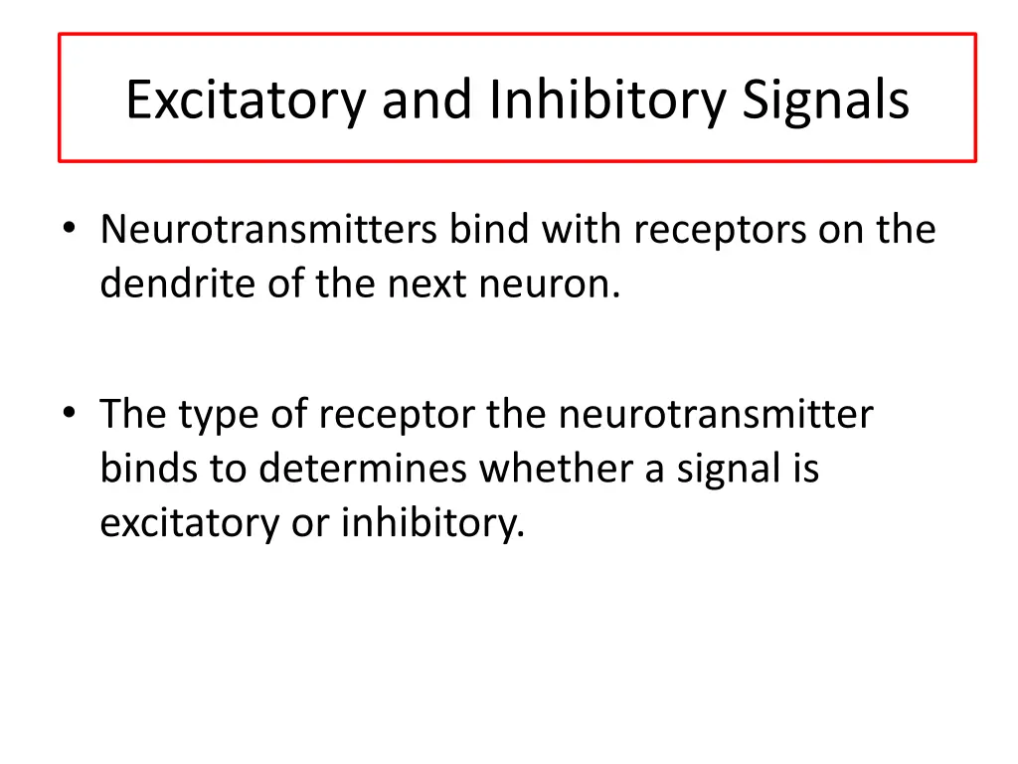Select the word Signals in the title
click(825, 100)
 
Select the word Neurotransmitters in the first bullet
click(268, 230)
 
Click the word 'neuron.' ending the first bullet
click(550, 286)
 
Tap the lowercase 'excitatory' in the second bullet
click(189, 522)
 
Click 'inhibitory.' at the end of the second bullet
click(432, 522)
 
